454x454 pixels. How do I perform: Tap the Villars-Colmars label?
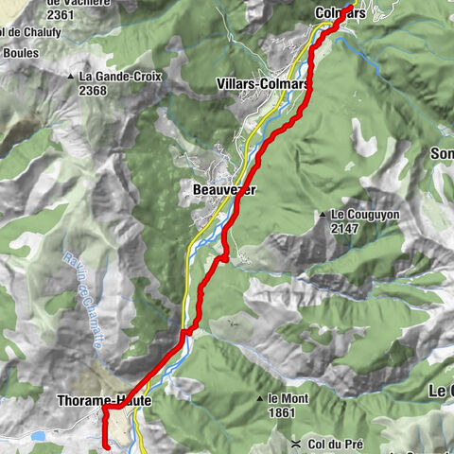click(x=263, y=83)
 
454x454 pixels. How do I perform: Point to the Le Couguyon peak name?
click(x=370, y=214)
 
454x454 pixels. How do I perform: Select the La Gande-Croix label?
click(x=119, y=77)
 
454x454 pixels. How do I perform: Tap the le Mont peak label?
click(x=289, y=398)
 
